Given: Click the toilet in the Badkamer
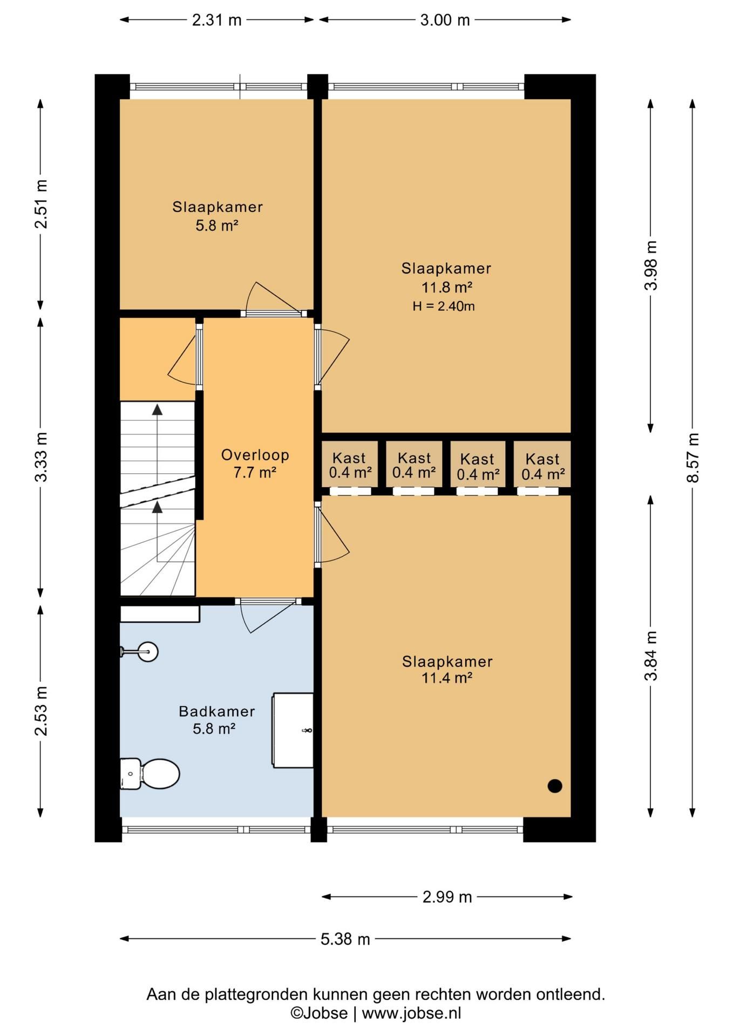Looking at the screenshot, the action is [x=150, y=774].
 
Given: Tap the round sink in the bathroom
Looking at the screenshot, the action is [x=147, y=652].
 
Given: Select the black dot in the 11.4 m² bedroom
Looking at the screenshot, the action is [x=555, y=786].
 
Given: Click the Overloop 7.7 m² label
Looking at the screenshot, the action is [x=255, y=464].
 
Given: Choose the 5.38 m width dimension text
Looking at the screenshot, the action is [x=345, y=939].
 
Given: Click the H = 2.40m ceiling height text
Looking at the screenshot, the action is [x=444, y=306].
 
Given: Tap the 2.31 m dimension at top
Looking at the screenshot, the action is [x=216, y=20].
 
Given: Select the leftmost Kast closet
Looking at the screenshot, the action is [x=349, y=464].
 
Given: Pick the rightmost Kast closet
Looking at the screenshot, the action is [x=542, y=464].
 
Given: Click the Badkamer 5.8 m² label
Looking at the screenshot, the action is [x=216, y=720].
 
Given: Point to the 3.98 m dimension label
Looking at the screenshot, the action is [x=651, y=265].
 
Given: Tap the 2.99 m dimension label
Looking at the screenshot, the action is [x=447, y=897].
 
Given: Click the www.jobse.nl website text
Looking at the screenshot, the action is [x=411, y=1013].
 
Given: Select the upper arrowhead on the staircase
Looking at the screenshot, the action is [x=157, y=410].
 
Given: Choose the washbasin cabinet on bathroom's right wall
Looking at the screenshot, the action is [x=293, y=730].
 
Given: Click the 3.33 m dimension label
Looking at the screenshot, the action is [x=41, y=457].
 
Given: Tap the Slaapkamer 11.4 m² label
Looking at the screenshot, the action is [x=447, y=669].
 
